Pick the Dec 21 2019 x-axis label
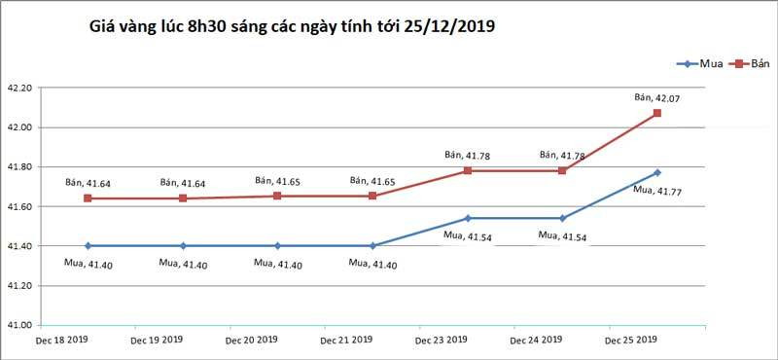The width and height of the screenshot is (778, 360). (x=346, y=341)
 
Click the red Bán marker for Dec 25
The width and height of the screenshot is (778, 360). (x=657, y=113)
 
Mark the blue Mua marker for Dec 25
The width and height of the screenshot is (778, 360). (x=657, y=172)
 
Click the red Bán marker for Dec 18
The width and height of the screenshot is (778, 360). (x=88, y=198)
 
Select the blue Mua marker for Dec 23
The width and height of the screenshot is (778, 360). (x=468, y=218)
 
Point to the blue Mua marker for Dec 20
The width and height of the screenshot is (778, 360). (x=277, y=246)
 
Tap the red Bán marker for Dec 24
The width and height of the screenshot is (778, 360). (x=562, y=170)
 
